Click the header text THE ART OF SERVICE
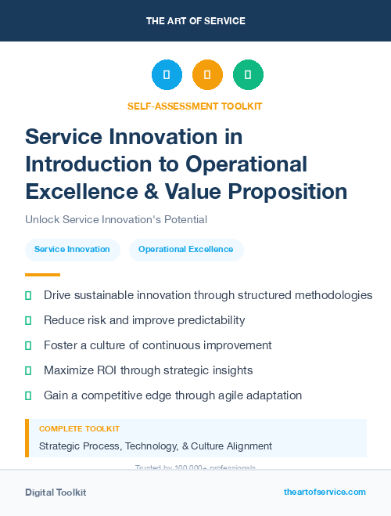tap(195, 20)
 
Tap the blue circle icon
tap(167, 75)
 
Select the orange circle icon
tap(207, 75)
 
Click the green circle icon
tap(248, 75)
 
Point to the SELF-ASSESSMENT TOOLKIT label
tap(195, 106)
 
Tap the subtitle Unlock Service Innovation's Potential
tap(116, 220)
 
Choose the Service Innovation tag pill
tap(72, 250)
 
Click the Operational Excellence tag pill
tap(185, 250)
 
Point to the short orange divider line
tap(42, 275)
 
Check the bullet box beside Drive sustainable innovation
tap(29, 295)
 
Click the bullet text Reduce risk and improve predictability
tap(145, 320)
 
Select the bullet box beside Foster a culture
tap(29, 345)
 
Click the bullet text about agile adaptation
tap(173, 395)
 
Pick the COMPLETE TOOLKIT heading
tap(80, 429)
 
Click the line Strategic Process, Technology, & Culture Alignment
tap(156, 446)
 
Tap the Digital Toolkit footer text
tap(56, 493)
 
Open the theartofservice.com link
tap(325, 492)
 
